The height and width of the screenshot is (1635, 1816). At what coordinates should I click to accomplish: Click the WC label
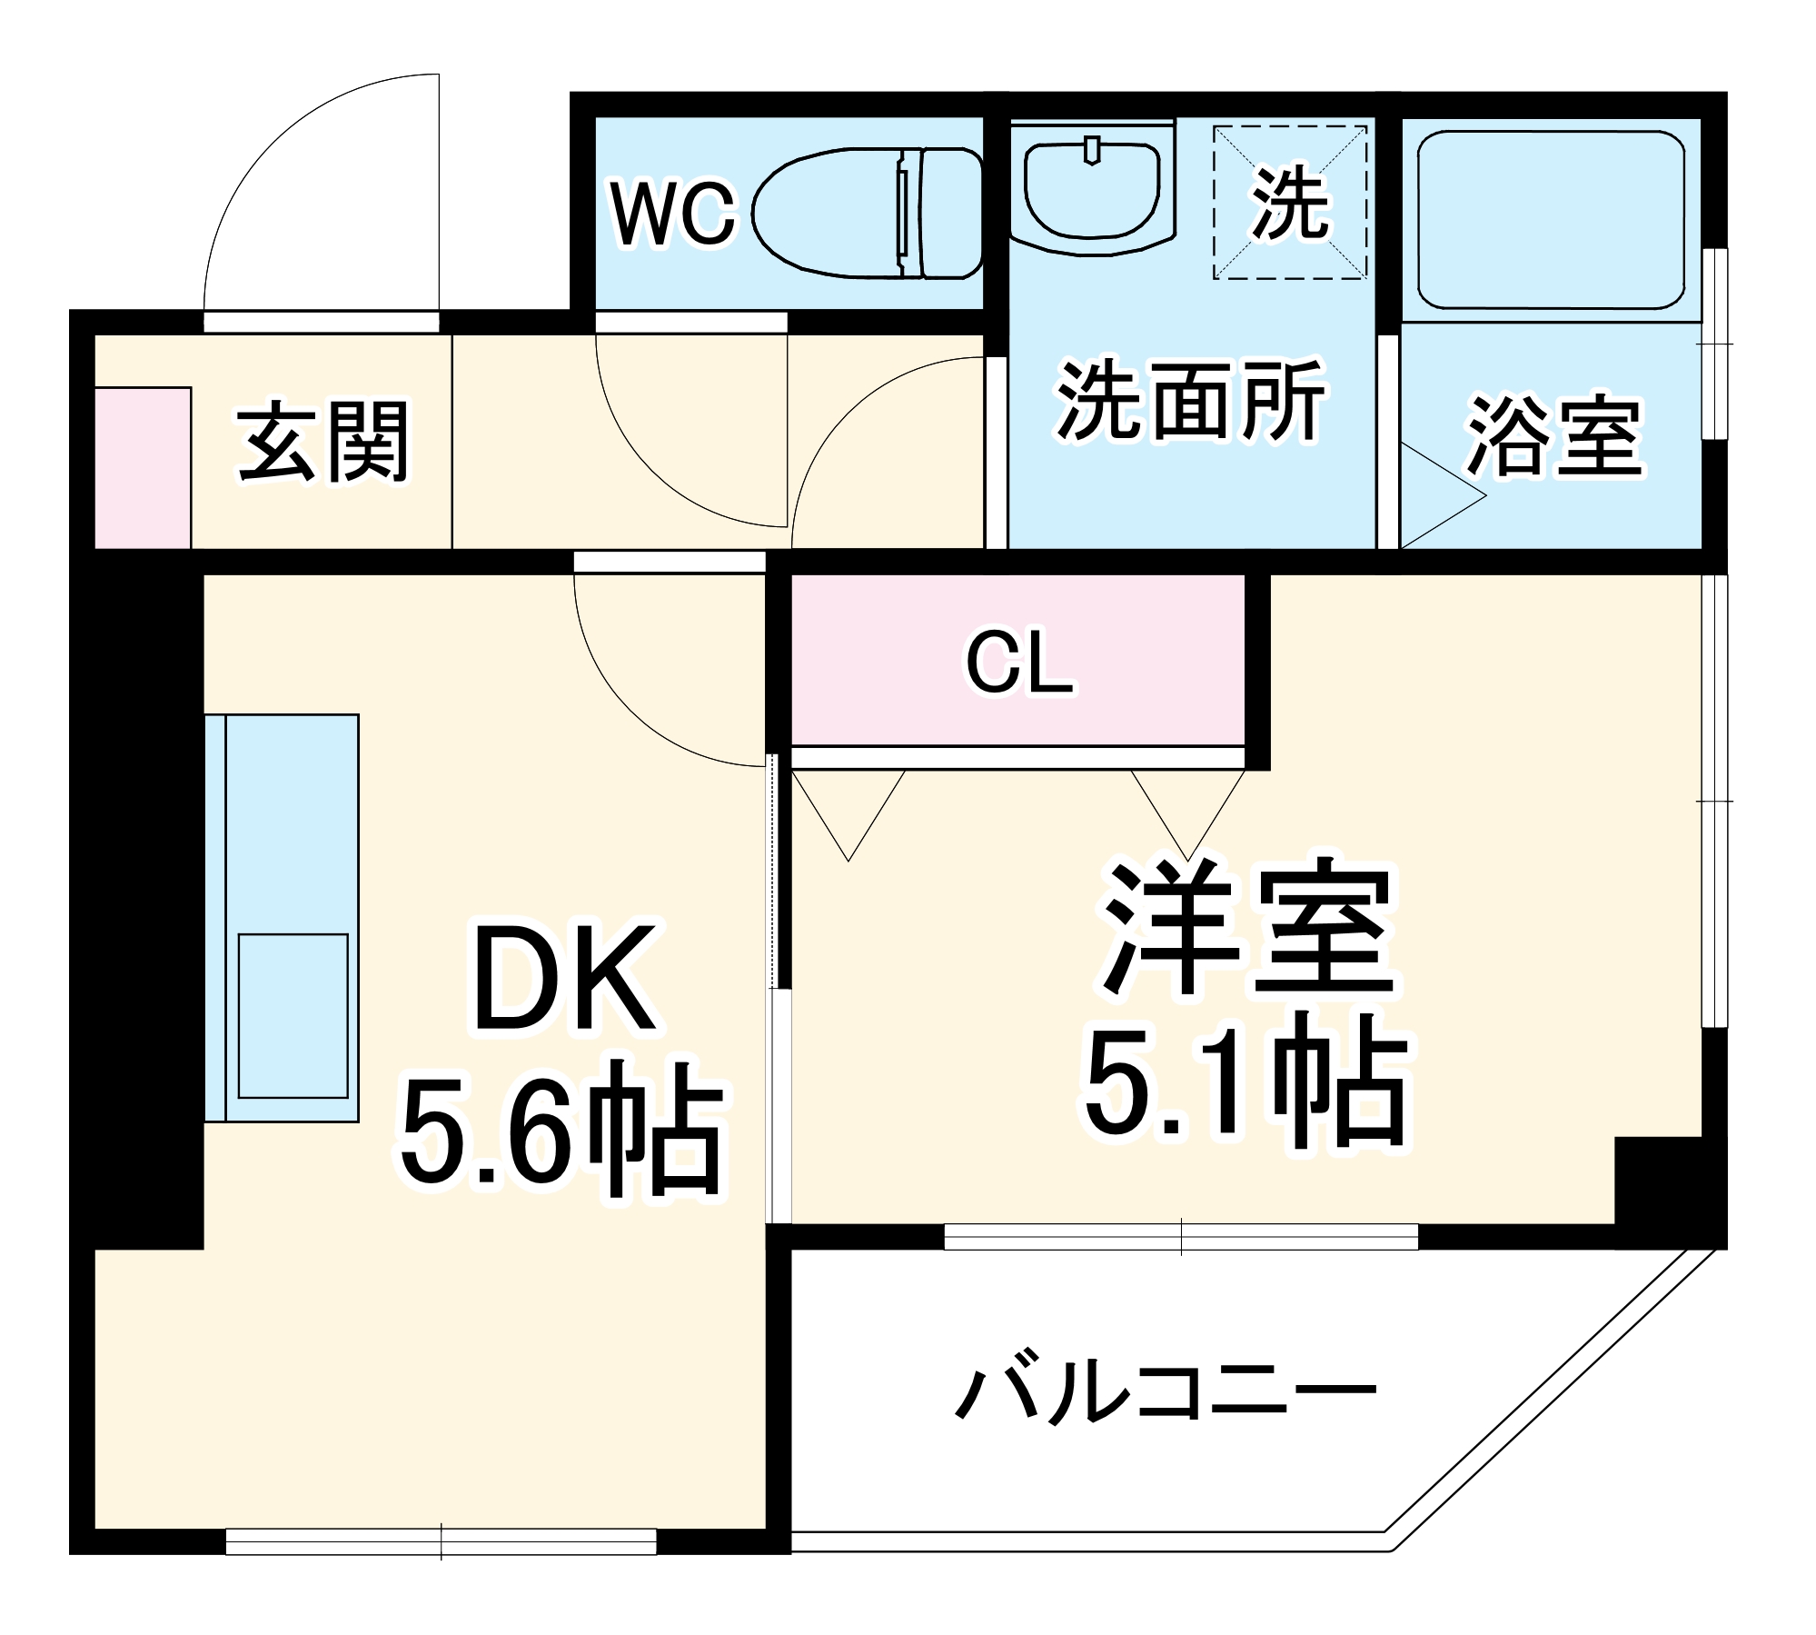[x=673, y=214]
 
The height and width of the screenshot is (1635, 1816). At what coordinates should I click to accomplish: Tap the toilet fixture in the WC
[x=868, y=214]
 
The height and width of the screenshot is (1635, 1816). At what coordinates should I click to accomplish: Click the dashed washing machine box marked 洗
[x=1290, y=203]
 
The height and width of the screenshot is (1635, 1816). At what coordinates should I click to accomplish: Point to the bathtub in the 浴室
[x=1551, y=221]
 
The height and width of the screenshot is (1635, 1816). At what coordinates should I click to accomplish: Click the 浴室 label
[x=1554, y=436]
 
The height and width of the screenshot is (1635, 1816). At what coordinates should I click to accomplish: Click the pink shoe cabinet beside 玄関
[x=143, y=468]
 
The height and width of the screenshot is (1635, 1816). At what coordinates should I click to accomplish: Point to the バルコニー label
[x=1166, y=1391]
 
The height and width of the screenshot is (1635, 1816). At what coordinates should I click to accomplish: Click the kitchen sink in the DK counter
[x=293, y=1015]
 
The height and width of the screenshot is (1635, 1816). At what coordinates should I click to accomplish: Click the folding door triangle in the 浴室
[x=1435, y=496]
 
